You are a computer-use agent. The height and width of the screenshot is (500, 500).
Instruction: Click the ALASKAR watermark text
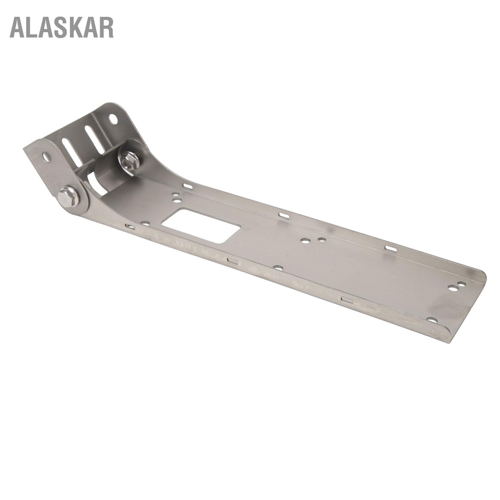click(62, 27)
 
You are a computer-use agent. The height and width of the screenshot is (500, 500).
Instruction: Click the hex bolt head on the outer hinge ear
click(68, 196)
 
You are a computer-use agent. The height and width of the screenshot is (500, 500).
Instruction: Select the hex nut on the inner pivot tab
click(130, 161)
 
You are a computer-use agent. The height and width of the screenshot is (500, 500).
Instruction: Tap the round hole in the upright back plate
click(113, 119)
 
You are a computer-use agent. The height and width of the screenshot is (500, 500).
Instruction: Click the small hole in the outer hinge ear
click(46, 157)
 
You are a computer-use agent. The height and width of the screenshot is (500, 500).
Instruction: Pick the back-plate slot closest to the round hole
click(94, 139)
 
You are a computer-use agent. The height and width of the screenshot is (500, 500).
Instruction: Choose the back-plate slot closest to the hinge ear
click(72, 152)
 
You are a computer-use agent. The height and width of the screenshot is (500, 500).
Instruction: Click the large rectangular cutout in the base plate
click(201, 226)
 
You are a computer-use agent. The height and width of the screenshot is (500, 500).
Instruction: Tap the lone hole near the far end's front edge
click(432, 320)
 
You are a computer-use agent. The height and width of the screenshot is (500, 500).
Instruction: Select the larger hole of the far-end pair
click(453, 288)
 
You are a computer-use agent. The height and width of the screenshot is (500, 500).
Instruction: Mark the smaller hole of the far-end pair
click(461, 284)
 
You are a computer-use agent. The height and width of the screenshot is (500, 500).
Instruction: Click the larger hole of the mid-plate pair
click(305, 241)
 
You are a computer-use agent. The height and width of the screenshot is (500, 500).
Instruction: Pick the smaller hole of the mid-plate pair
click(321, 239)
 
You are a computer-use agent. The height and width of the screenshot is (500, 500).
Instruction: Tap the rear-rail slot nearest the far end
click(391, 249)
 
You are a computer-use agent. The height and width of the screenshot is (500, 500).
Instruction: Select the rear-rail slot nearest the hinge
click(187, 186)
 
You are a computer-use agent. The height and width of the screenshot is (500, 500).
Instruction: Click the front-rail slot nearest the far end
click(347, 299)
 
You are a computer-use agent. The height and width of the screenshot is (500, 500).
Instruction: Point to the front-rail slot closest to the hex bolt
click(130, 227)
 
